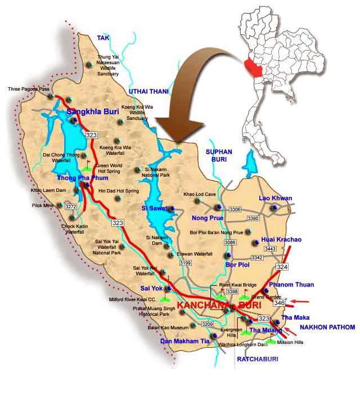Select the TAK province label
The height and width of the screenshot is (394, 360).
[x=103, y=38]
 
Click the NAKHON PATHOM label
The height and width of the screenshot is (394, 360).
[x=327, y=327]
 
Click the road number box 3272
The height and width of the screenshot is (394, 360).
[x=70, y=207]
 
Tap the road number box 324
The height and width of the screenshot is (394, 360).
[x=282, y=266]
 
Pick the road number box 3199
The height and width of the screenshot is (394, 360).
[x=185, y=262]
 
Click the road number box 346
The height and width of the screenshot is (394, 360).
[x=280, y=303]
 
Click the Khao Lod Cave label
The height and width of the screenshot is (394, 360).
[x=200, y=194]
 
